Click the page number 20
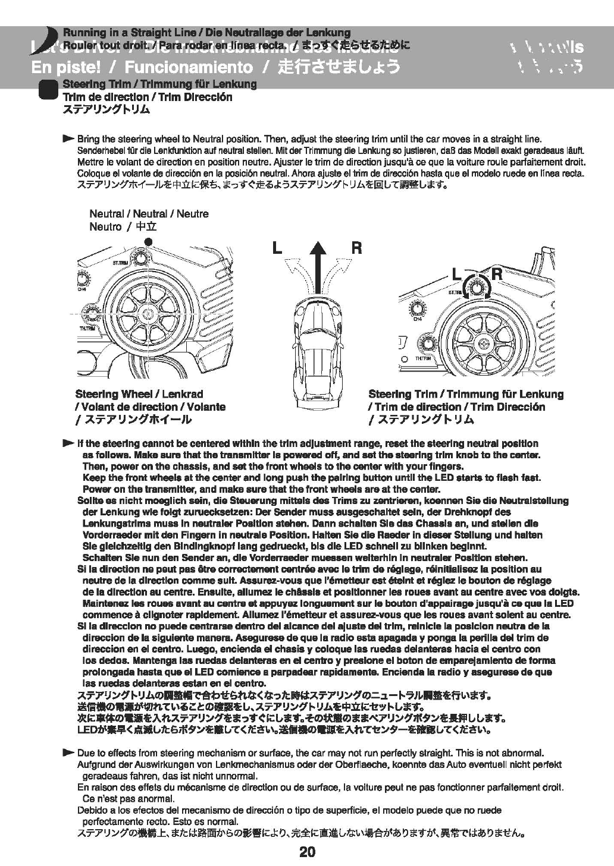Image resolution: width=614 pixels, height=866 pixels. [307, 852]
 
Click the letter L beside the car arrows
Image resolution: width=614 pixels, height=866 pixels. [277, 248]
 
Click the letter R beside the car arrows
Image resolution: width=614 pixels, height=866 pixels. [356, 248]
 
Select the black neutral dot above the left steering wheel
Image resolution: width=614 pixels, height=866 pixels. [149, 241]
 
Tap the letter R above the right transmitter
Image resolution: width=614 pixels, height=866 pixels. [497, 274]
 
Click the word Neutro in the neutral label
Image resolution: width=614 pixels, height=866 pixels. [105, 226]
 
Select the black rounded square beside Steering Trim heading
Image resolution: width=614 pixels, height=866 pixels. [46, 90]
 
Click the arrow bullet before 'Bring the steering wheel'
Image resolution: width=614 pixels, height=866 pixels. [68, 138]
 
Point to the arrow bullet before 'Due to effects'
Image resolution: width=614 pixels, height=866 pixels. [68, 752]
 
